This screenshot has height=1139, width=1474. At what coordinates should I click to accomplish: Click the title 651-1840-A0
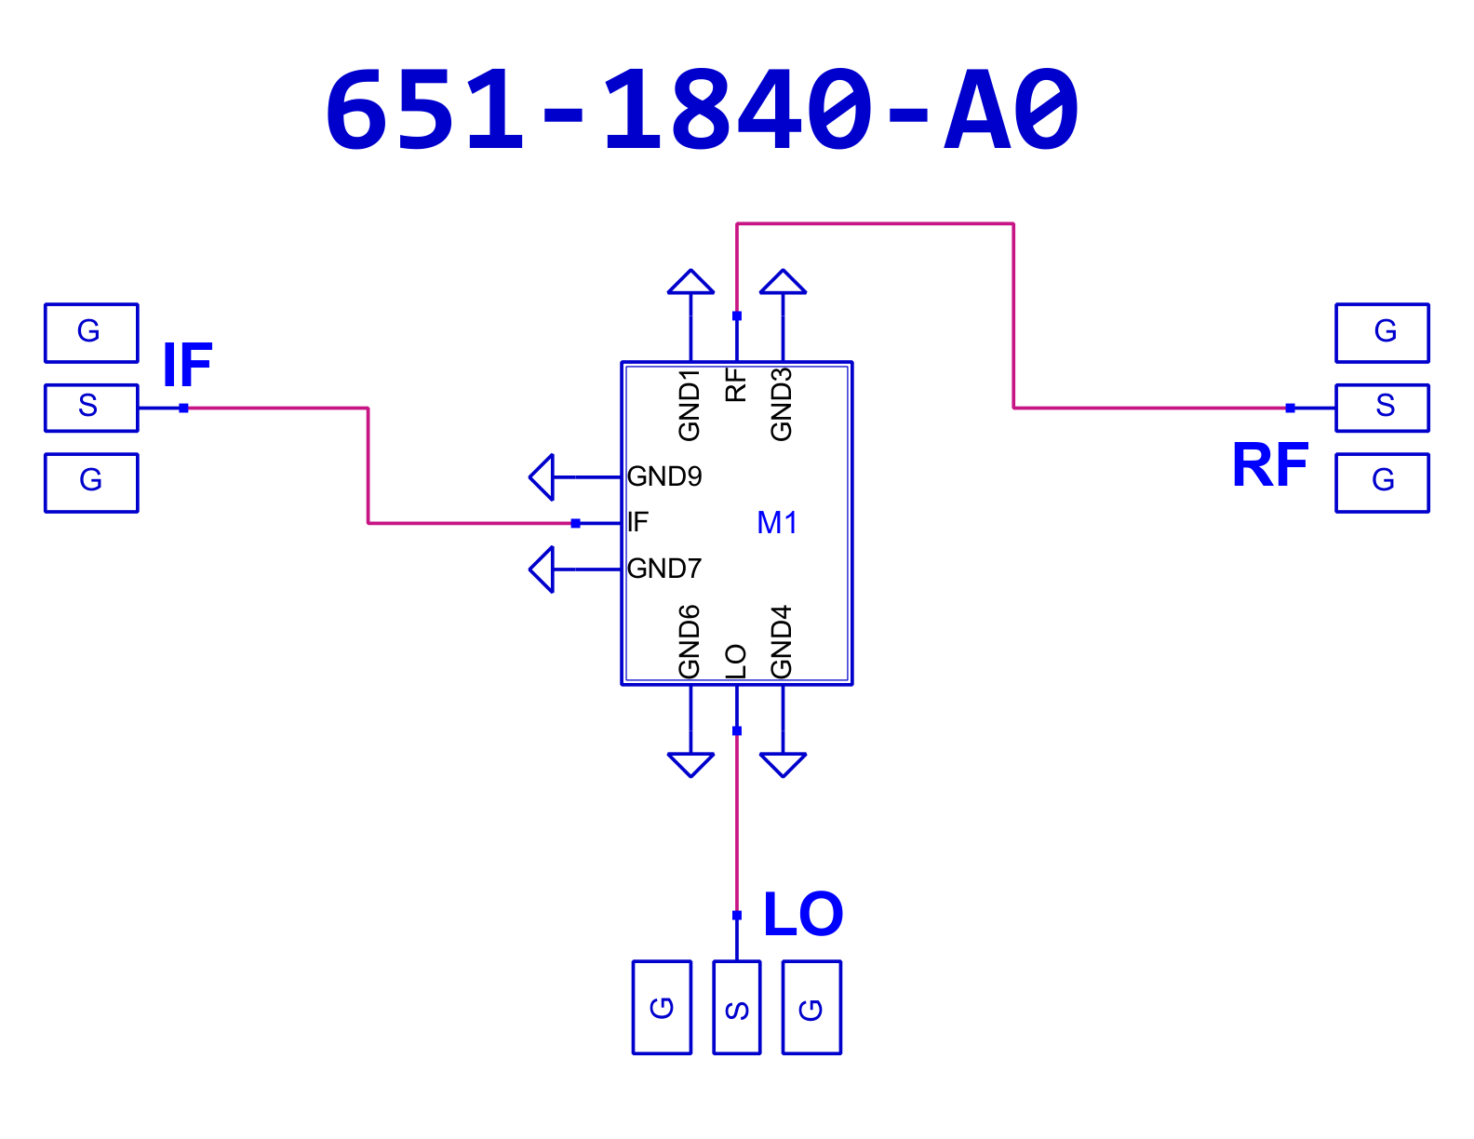702,110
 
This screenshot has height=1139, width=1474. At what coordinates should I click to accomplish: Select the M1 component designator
777,523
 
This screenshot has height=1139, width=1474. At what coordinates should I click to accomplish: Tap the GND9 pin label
664,476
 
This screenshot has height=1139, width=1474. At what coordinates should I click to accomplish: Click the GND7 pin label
664,569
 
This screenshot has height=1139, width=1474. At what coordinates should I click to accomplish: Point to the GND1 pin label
689,405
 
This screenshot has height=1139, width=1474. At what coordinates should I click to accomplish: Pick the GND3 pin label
781,405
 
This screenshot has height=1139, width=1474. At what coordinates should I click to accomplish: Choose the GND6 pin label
689,642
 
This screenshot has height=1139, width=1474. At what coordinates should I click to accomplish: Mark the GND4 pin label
781,642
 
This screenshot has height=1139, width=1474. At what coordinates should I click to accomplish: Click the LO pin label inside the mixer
735,662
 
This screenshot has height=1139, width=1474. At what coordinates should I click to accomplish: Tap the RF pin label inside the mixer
735,384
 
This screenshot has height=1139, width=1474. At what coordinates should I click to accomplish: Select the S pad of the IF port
91,408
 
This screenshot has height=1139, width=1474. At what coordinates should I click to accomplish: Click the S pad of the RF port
1382,408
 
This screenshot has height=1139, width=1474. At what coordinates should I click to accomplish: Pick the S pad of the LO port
737,1008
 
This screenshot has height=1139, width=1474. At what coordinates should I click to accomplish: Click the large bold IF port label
187,365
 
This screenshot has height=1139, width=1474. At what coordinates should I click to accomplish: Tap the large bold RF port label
1269,464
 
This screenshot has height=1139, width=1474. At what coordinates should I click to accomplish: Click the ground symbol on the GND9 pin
542,476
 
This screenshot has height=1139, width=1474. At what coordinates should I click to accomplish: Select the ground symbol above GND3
783,282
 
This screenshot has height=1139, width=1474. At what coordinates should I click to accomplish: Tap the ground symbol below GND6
690,765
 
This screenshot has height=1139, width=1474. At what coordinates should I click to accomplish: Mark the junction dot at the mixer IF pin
575,523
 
